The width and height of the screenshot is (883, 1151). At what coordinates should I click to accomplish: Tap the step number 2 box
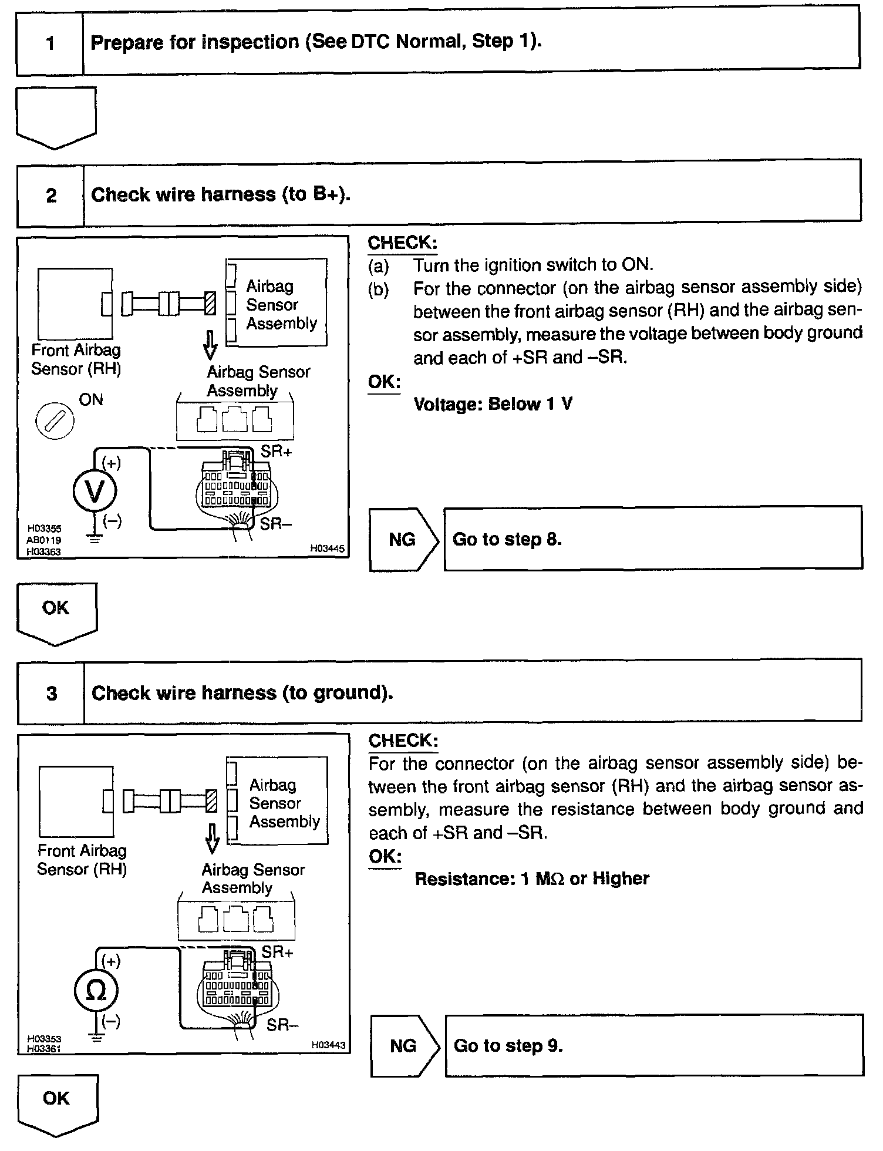click(51, 195)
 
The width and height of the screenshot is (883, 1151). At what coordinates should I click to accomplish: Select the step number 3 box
click(52, 693)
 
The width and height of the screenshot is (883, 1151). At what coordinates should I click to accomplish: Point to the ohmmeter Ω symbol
click(96, 991)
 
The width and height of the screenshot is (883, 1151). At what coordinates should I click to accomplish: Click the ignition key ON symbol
click(55, 421)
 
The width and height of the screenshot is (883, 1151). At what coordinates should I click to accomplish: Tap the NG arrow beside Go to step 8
click(403, 539)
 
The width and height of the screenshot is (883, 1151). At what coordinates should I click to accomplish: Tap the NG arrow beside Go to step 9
click(404, 1046)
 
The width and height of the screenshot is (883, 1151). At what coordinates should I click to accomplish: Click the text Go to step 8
click(507, 539)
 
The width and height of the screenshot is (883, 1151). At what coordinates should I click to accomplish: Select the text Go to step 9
click(508, 1046)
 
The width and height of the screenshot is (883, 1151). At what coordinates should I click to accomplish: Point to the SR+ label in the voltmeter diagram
click(277, 452)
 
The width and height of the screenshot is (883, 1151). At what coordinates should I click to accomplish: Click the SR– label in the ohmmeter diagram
click(282, 1025)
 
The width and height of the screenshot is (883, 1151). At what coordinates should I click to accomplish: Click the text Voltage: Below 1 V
click(493, 404)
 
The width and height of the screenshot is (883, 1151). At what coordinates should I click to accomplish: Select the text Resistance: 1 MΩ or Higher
click(531, 879)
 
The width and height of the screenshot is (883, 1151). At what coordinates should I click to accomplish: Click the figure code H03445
click(327, 549)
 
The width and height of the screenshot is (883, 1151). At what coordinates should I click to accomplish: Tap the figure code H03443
click(328, 1045)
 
